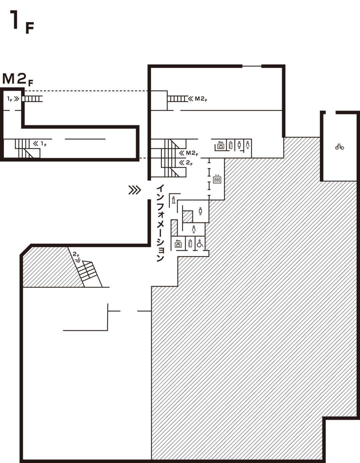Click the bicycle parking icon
click(339, 147)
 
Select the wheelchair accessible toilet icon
click(200, 243)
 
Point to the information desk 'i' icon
click(174, 200)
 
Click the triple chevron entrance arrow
click(135, 190)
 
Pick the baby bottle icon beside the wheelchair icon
click(190, 243)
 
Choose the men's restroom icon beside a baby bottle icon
click(239, 145)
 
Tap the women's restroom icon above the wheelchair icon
click(194, 229)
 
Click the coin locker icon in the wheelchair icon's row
click(178, 244)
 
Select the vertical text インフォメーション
click(160, 223)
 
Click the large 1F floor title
click(22, 22)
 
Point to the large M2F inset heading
click(18, 79)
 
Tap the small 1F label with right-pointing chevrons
click(13, 99)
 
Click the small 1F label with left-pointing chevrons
click(40, 144)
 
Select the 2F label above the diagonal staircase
click(76, 256)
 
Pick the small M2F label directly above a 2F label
click(189, 153)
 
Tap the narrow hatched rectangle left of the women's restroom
click(174, 228)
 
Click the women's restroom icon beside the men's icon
click(247, 145)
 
